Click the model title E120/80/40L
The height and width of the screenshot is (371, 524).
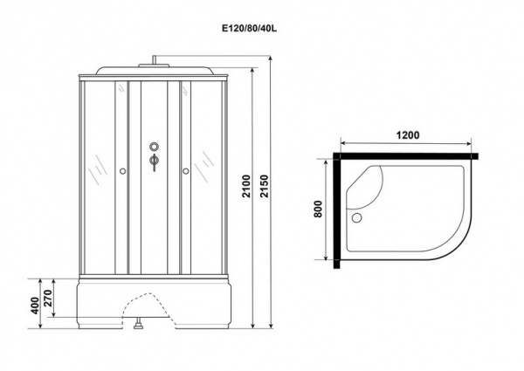[x=250, y=29]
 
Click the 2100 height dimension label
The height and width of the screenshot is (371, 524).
[x=246, y=186]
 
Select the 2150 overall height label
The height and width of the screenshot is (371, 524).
[x=265, y=186]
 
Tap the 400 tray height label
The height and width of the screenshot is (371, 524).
[x=35, y=306]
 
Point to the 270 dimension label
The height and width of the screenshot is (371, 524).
[x=48, y=299]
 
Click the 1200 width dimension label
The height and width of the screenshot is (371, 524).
[x=408, y=135]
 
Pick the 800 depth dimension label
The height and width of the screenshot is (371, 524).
[x=318, y=209]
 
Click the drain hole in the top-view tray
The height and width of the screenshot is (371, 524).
[x=357, y=217]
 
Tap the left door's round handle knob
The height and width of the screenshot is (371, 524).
[x=122, y=171]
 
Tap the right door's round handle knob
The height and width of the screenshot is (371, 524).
[x=186, y=171]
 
